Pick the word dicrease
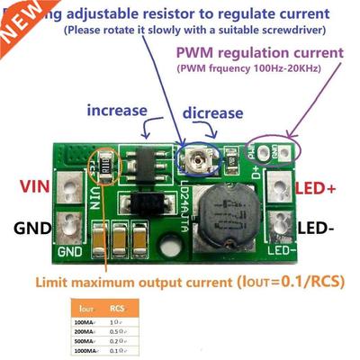click(212, 114)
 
